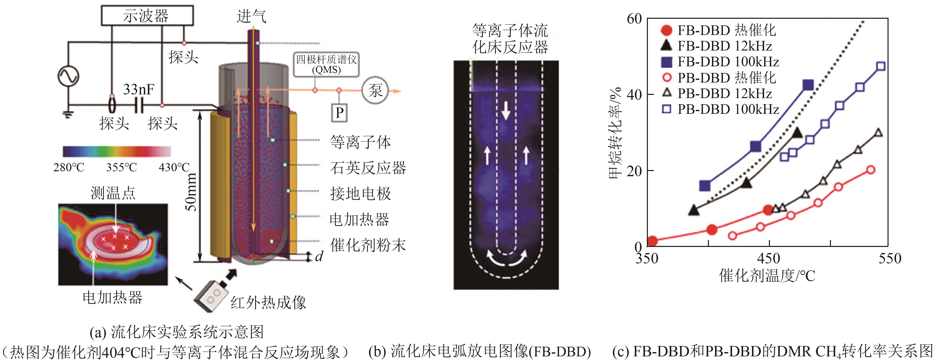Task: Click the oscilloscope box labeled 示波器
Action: (147, 16)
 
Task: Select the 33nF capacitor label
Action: (139, 89)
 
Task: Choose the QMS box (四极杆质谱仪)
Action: (326, 65)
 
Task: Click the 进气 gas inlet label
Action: (251, 17)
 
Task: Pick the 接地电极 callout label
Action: (360, 193)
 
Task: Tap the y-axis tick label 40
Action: (634, 95)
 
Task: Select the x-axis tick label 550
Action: (890, 259)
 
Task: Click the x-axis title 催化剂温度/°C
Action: (767, 276)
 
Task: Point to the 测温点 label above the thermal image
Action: (113, 193)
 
